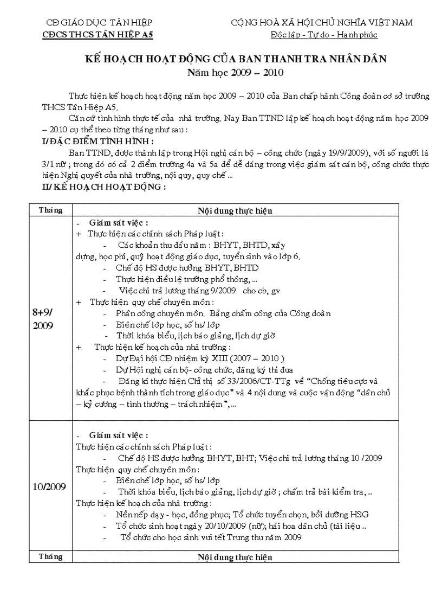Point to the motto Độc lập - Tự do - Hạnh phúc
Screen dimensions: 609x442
click(324, 35)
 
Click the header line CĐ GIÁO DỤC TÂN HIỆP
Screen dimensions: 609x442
click(99, 23)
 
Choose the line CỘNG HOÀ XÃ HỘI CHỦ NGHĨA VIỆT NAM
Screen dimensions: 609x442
click(322, 23)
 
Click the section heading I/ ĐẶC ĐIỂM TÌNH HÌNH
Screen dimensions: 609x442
click(97, 142)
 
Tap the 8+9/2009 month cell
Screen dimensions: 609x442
click(51, 319)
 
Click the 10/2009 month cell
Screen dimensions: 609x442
click(50, 486)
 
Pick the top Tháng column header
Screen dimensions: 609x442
click(51, 210)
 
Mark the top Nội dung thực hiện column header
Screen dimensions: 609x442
click(235, 211)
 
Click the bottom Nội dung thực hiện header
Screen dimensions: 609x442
click(235, 557)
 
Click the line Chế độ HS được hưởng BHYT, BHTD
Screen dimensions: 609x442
click(187, 268)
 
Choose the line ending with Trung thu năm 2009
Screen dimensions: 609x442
click(211, 537)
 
